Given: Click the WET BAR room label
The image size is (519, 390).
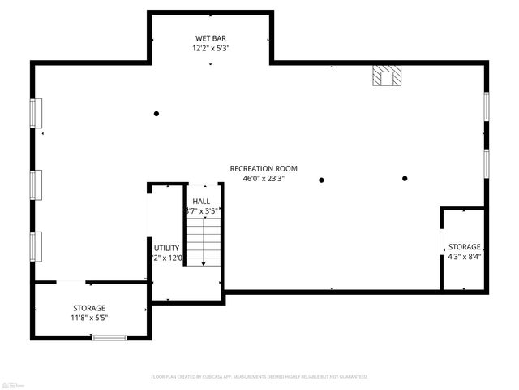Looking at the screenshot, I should (211, 38).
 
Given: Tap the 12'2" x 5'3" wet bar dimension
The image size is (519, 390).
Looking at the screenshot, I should (211, 48).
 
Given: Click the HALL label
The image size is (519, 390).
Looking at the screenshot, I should (201, 201).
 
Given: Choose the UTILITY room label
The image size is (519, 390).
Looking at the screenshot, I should (166, 248).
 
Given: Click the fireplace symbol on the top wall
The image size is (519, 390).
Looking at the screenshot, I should (387, 76).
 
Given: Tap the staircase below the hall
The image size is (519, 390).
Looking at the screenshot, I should (204, 244).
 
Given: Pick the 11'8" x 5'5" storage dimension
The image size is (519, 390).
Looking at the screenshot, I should (89, 318).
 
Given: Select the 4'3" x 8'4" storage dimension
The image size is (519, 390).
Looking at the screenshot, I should (465, 257).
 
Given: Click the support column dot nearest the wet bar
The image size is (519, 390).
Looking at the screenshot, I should (157, 114).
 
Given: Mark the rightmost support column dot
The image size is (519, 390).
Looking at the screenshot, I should (405, 179).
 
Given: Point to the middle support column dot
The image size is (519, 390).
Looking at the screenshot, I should (322, 180).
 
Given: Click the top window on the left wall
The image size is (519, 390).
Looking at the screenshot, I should (36, 112).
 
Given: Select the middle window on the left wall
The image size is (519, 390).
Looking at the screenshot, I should (36, 184).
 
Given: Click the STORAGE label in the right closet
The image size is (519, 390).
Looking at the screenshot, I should (465, 247).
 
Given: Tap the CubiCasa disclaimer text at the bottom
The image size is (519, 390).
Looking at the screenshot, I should (259, 377).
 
